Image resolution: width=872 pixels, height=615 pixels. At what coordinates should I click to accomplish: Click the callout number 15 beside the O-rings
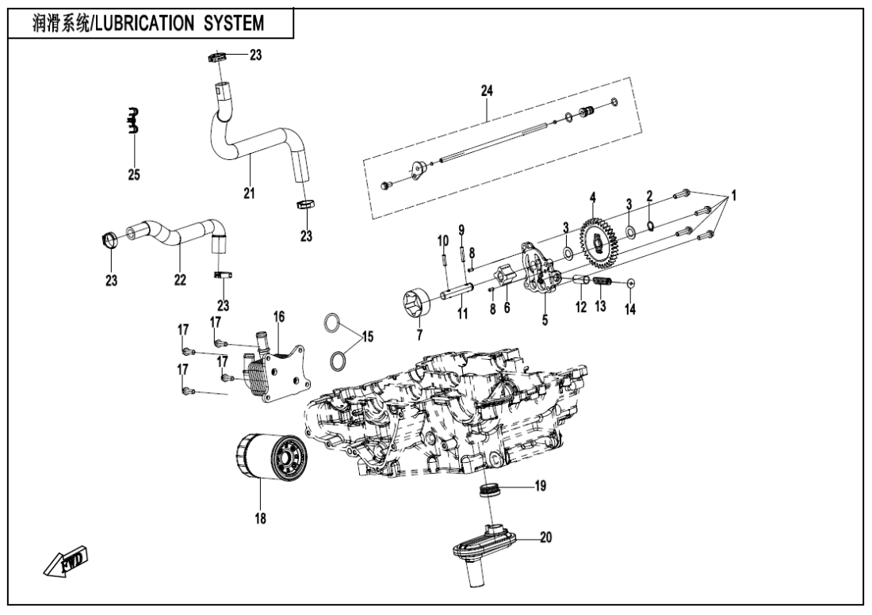click(x=366, y=338)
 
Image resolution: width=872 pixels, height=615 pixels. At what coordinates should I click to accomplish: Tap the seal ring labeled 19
click(x=489, y=491)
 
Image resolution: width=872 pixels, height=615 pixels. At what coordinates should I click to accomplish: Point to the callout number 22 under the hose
click(x=180, y=280)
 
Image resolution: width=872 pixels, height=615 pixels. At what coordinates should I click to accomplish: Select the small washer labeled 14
click(x=630, y=282)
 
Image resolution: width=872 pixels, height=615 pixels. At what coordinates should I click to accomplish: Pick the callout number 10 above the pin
click(x=444, y=240)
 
